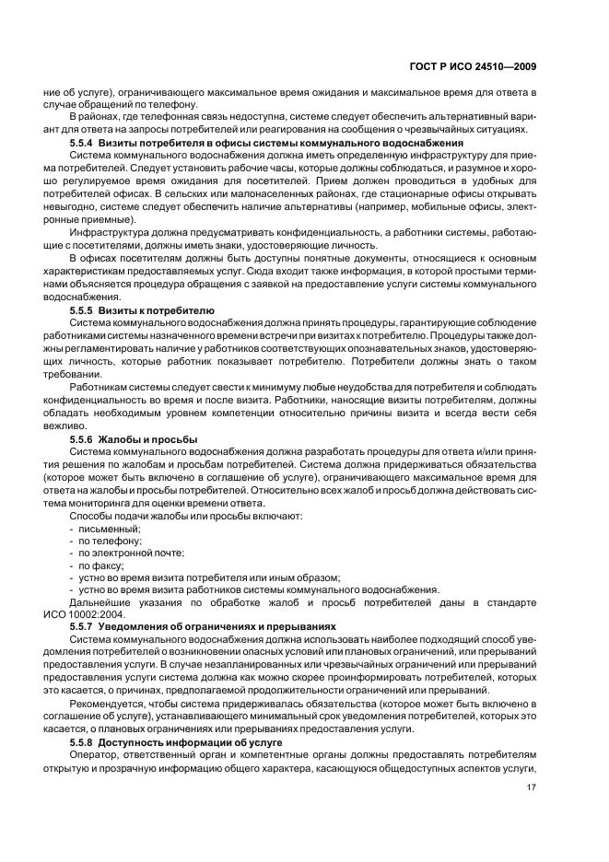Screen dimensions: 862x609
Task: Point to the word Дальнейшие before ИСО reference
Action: click(102, 602)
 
